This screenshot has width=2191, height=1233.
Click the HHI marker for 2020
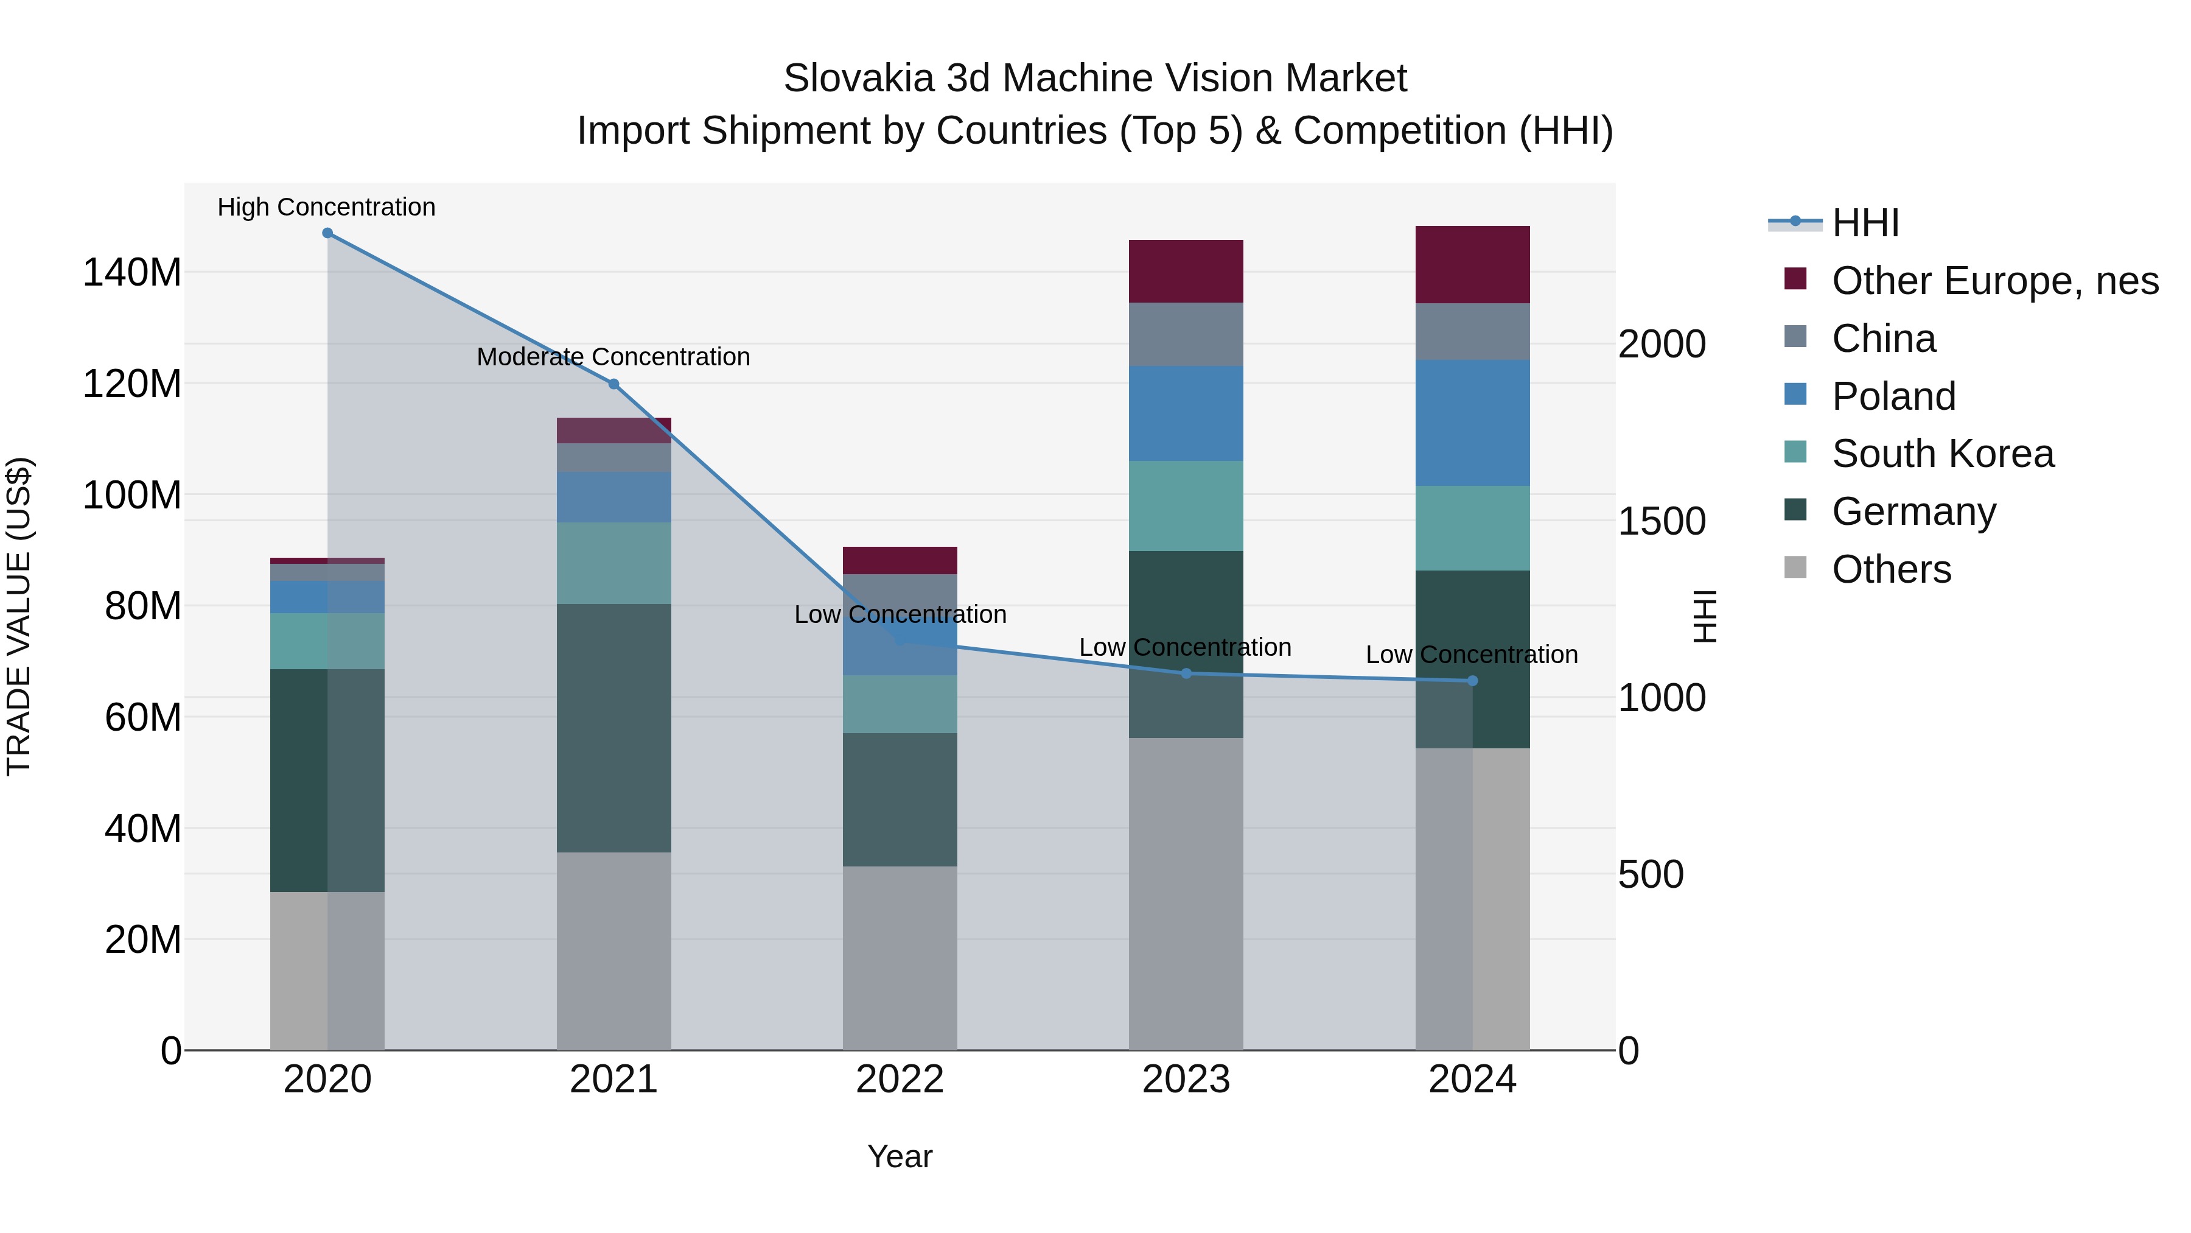tap(327, 233)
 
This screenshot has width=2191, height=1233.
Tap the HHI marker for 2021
tap(614, 384)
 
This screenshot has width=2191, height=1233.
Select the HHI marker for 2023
tap(1187, 673)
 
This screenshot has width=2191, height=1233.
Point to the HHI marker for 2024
tap(1473, 681)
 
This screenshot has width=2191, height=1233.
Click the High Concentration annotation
tap(327, 207)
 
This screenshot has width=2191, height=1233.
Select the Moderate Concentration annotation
tap(613, 357)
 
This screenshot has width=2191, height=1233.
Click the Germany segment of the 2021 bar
tap(614, 728)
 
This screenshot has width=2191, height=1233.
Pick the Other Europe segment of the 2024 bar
tap(1473, 265)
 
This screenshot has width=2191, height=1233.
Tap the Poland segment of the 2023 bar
tap(1187, 413)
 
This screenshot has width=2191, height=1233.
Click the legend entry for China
tap(1883, 339)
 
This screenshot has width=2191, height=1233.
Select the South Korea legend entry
tap(1942, 454)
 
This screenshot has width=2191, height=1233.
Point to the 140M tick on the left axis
tap(132, 272)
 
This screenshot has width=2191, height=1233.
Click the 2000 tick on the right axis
tap(1661, 344)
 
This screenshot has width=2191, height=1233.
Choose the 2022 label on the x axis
tap(900, 1079)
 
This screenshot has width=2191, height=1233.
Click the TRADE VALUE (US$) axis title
tap(19, 616)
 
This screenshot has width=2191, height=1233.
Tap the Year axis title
tap(900, 1156)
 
